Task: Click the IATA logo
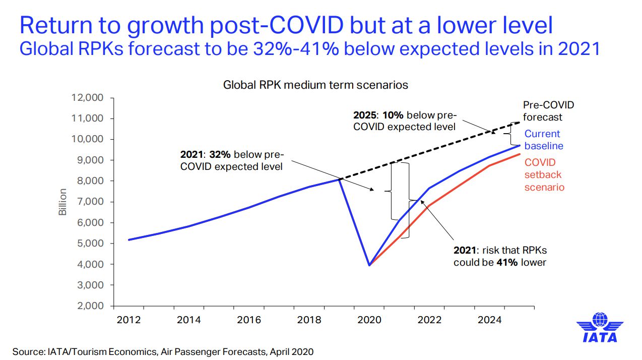pyautogui.click(x=599, y=328)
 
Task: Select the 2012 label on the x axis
pyautogui.click(x=129, y=320)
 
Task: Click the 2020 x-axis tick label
pyautogui.click(x=370, y=320)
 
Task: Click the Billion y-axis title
pyautogui.click(x=63, y=202)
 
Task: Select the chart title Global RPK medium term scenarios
pyautogui.click(x=315, y=85)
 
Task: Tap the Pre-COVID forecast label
pyautogui.click(x=548, y=111)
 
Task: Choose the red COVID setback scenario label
pyautogui.click(x=544, y=175)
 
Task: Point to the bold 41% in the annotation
pyautogui.click(x=506, y=262)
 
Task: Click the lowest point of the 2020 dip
pyautogui.click(x=370, y=265)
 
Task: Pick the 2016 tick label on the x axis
pyautogui.click(x=249, y=320)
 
